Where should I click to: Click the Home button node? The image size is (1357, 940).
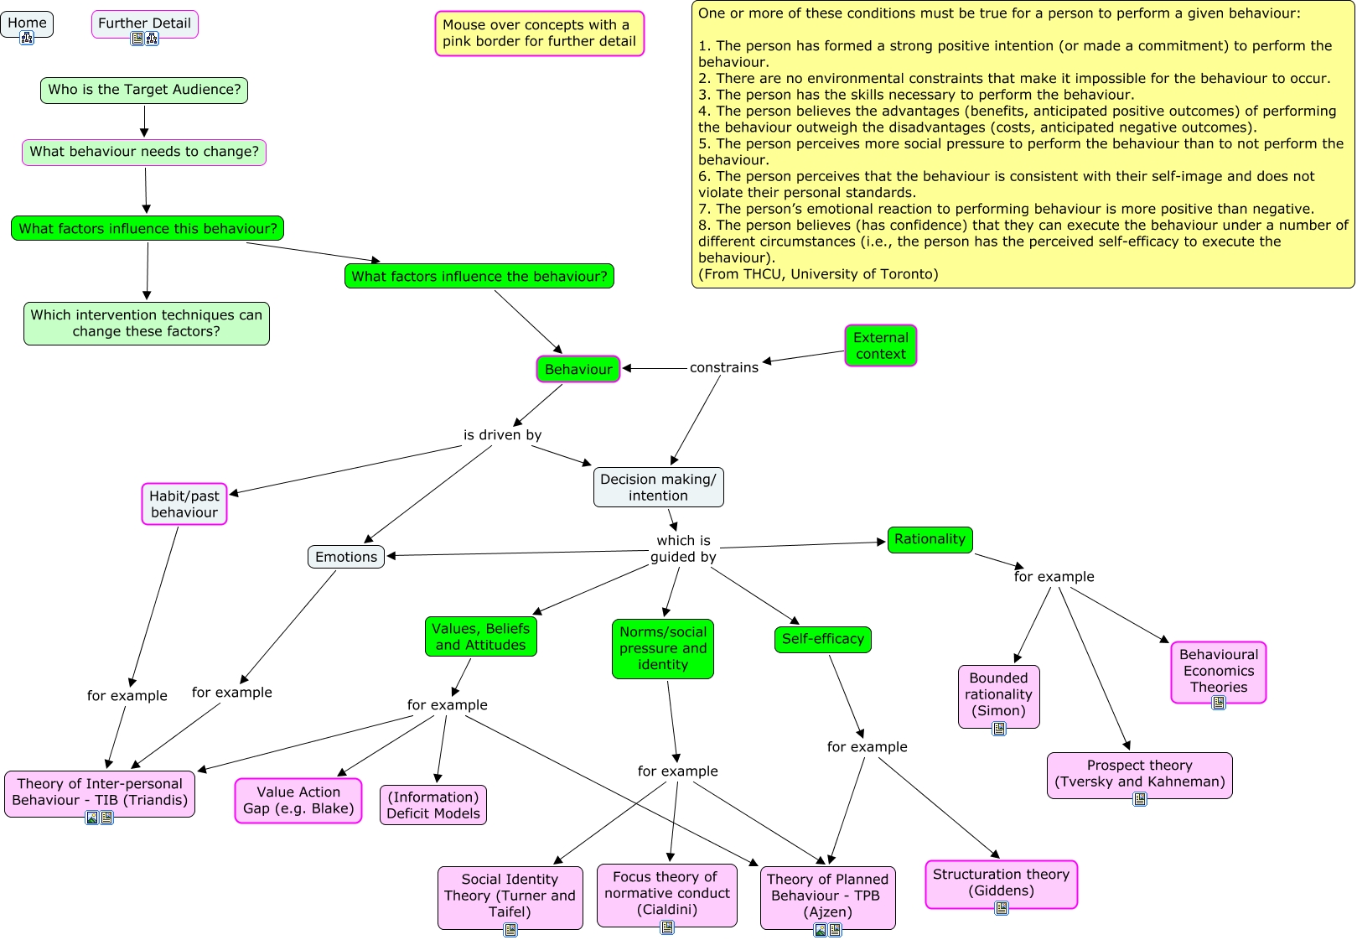(27, 23)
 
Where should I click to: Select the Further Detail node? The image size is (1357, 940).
(144, 23)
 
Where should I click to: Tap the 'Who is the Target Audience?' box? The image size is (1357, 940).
(144, 90)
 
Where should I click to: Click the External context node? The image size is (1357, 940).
(880, 345)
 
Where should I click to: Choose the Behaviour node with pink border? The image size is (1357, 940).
(578, 369)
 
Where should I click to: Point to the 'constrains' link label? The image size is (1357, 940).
(723, 367)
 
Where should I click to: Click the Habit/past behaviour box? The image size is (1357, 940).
(184, 504)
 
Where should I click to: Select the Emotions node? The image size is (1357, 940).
(346, 557)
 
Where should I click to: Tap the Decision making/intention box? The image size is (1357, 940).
(658, 487)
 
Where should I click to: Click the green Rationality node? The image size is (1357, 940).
(930, 539)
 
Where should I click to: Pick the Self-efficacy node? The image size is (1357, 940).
(822, 639)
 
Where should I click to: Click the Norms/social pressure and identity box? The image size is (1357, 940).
(662, 648)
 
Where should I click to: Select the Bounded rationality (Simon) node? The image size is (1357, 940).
(998, 694)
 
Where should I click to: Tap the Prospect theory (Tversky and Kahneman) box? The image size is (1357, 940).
(1139, 773)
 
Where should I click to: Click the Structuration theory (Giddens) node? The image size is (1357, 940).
(1001, 882)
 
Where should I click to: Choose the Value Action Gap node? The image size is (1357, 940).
(298, 800)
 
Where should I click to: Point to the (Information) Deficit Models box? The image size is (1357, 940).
(433, 805)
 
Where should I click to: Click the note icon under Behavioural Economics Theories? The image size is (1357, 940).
(1219, 703)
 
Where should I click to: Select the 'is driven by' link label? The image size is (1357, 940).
(502, 434)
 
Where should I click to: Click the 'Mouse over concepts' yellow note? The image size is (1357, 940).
(539, 34)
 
